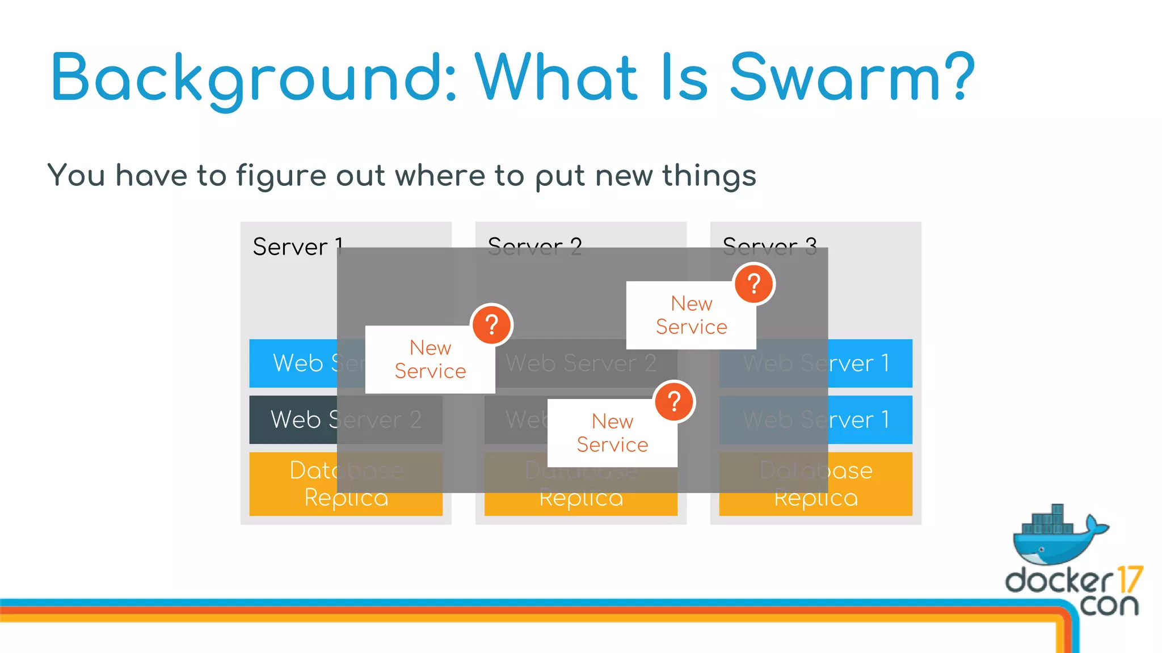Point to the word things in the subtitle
tap(709, 176)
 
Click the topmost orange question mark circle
tap(754, 284)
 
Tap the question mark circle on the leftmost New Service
tap(492, 325)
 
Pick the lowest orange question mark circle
tap(674, 402)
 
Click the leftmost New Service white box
tap(430, 359)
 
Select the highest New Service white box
tap(691, 315)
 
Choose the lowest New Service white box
tap(612, 433)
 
